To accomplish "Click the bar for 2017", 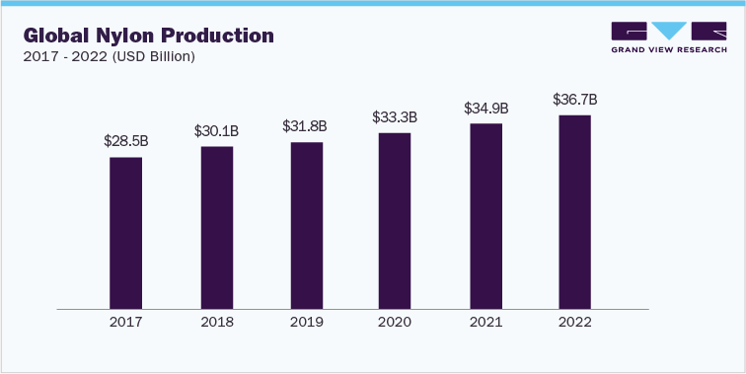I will point(125,233).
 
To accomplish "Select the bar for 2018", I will point(217,227).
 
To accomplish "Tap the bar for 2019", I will point(306,225).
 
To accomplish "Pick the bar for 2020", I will point(395,220).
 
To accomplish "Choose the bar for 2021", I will point(485,216).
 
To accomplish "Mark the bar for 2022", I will point(574,211).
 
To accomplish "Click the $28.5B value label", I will point(125,141).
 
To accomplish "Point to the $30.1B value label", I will point(217,130).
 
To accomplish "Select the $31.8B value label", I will point(306,126).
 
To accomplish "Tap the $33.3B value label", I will point(395,116).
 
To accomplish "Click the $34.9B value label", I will point(485,108).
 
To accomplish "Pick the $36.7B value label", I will point(574,99).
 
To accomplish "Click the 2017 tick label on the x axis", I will point(125,322).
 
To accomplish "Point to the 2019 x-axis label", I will point(306,322).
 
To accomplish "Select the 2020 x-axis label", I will point(395,322).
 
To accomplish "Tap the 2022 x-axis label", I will point(574,322).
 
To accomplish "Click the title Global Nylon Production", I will point(148,36).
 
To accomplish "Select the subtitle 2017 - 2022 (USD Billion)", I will point(109,56).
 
